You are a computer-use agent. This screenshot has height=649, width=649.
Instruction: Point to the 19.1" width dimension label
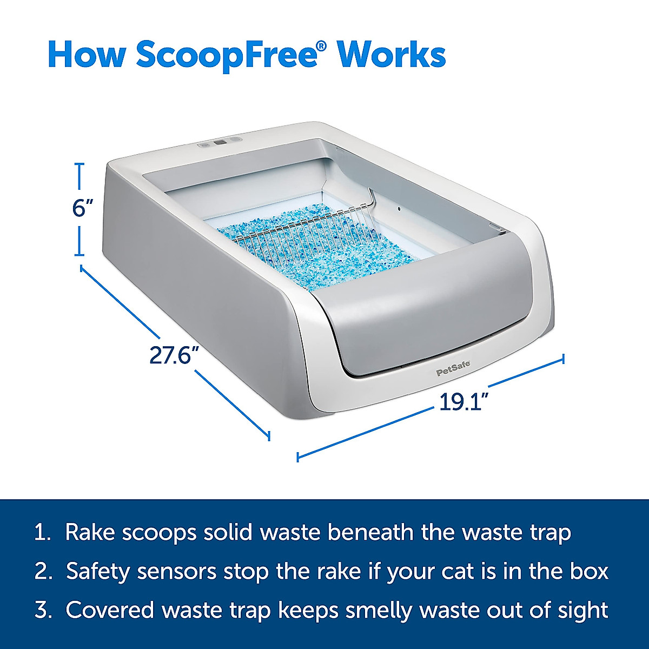click(464, 402)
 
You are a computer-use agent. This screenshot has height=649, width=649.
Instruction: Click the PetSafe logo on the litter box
click(453, 372)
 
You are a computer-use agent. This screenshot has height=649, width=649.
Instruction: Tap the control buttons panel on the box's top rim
click(220, 143)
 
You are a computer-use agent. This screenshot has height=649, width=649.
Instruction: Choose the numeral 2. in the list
click(43, 571)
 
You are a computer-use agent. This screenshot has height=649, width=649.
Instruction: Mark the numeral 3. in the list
click(43, 610)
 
